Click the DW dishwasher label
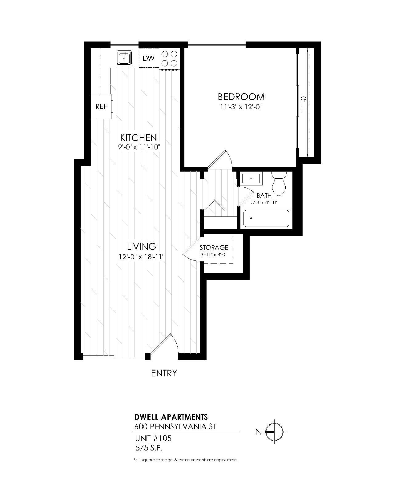point(148,58)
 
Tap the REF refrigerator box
point(101,106)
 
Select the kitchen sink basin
point(124,58)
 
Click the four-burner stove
point(169,58)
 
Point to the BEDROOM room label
point(241,97)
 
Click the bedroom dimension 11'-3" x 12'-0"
point(241,107)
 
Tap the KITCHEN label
point(139,138)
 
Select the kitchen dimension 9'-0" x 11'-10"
point(139,147)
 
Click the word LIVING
point(142,246)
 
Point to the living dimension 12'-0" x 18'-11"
point(142,257)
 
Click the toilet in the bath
point(279,183)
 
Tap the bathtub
point(266,218)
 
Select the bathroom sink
point(251,179)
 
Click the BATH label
point(264,196)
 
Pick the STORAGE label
point(214,247)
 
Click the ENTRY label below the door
point(164,373)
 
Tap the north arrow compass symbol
point(274,432)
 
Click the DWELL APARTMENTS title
point(171,417)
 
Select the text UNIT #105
point(153,438)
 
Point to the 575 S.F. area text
point(149,448)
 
